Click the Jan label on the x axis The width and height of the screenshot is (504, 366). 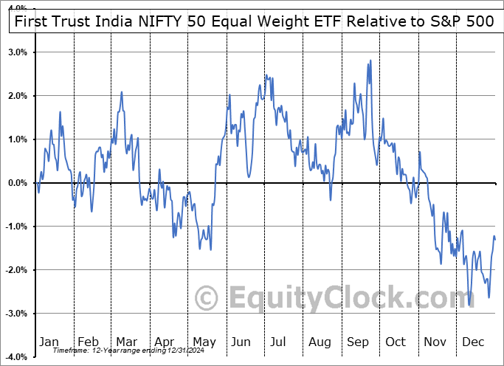[x=49, y=342]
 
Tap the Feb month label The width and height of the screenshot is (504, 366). [x=89, y=342]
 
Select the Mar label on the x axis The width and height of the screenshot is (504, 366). [x=125, y=342]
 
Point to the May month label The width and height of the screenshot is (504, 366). [x=204, y=342]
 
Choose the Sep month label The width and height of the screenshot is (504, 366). [x=359, y=342]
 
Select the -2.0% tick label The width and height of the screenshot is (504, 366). [x=15, y=270]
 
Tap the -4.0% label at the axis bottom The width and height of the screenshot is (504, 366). [x=15, y=357]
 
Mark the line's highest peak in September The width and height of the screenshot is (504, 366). [x=370, y=61]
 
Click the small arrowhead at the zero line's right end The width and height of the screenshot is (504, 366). [x=494, y=182]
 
